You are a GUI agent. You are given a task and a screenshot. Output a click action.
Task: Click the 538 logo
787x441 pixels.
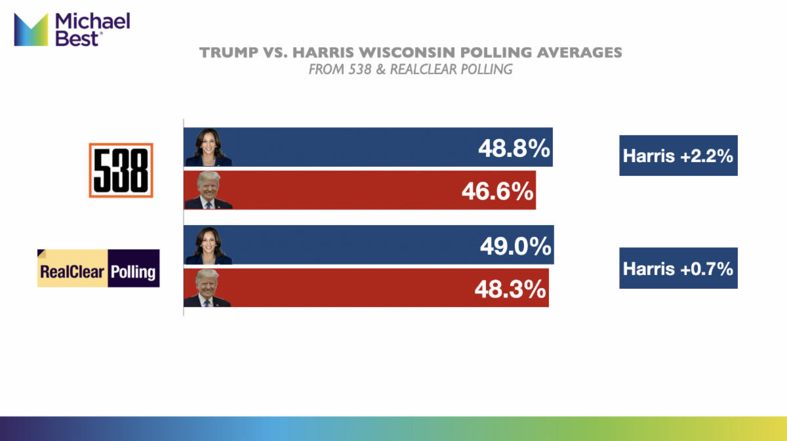[121, 170]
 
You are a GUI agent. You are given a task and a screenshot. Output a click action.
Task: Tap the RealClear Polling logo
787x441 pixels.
[98, 268]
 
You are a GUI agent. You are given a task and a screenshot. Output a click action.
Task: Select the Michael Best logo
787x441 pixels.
[72, 30]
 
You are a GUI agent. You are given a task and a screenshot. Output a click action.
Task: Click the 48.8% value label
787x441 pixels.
[514, 148]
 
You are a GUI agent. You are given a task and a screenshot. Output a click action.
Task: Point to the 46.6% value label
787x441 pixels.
[496, 191]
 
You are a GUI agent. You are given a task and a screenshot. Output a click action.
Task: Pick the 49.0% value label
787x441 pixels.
[515, 246]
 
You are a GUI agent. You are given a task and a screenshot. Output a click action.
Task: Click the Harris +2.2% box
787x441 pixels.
[678, 156]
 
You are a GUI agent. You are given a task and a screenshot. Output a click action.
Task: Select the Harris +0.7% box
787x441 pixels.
[678, 268]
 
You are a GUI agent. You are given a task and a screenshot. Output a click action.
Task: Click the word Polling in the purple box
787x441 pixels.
[134, 270]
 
